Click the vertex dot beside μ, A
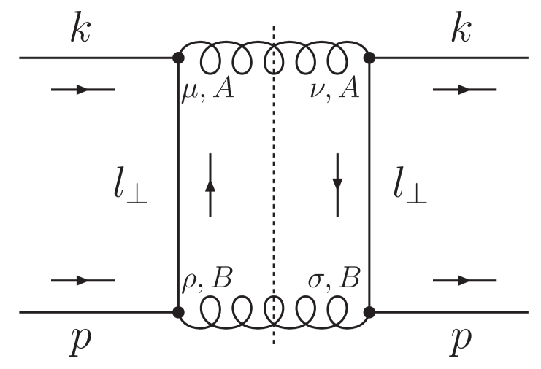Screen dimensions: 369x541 178,57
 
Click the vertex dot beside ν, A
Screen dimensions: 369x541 370,57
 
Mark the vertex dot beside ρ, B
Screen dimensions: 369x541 178,312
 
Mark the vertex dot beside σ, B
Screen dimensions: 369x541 370,312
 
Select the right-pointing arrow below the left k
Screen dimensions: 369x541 83,90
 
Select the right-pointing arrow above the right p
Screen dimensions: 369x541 464,280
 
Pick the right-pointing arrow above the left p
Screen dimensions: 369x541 83,280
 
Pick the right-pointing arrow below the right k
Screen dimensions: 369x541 464,90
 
